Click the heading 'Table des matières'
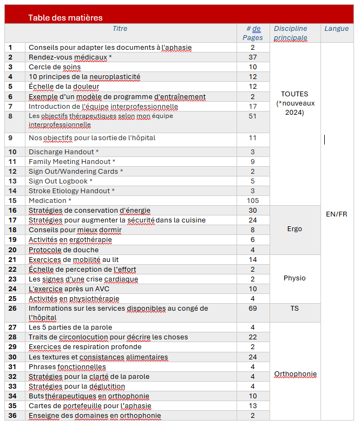click(66, 18)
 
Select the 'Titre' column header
click(120, 29)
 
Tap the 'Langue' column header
click(337, 29)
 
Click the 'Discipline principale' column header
click(290, 33)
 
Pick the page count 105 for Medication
click(253, 201)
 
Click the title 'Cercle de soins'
click(55, 67)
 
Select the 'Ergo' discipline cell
click(294, 229)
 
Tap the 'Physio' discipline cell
click(294, 278)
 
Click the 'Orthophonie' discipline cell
click(295, 374)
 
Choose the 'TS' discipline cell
click(294, 309)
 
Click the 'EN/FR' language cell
click(337, 214)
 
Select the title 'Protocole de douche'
click(64, 250)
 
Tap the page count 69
click(253, 309)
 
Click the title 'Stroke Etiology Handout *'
click(71, 191)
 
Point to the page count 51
click(253, 116)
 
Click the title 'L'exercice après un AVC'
click(69, 289)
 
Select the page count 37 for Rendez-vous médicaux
click(253, 57)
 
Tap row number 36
click(12, 416)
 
